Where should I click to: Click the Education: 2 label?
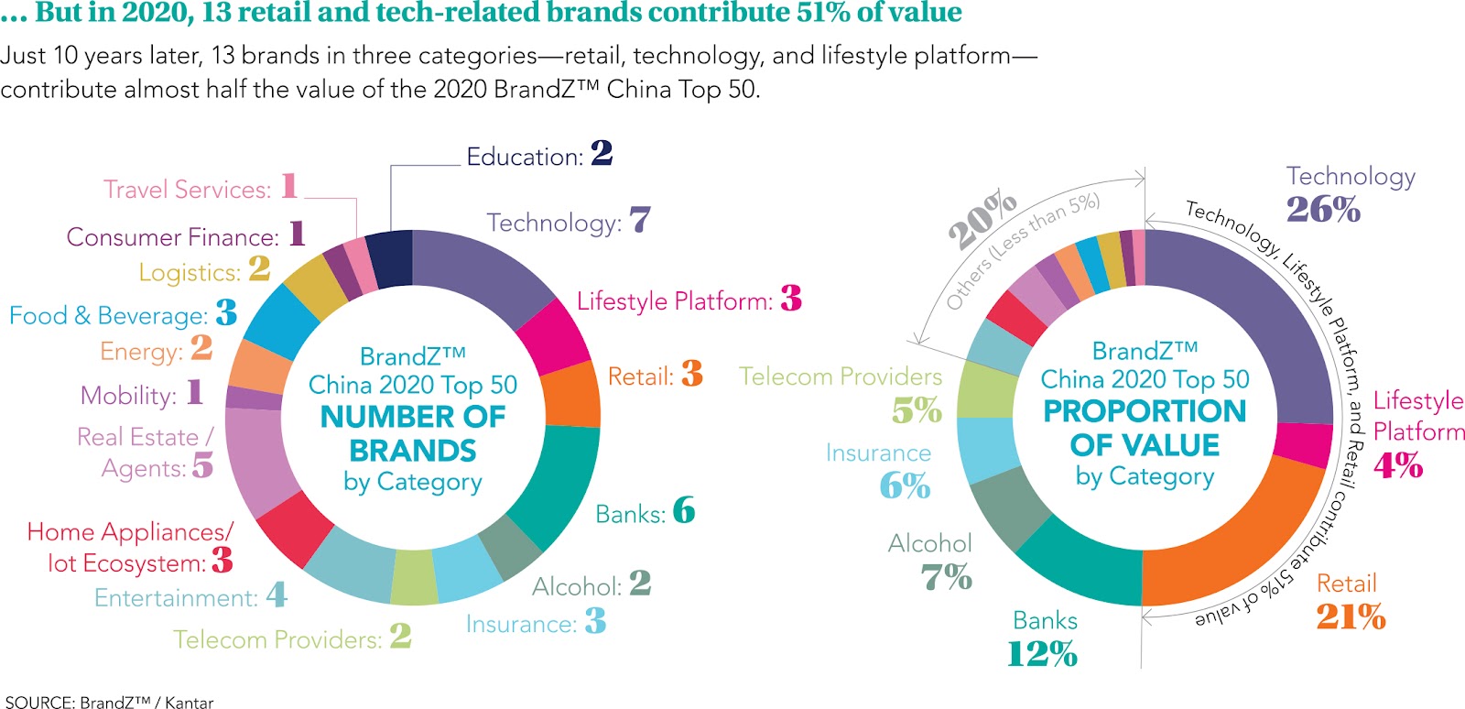pos(538,155)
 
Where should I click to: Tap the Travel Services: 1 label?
pos(201,188)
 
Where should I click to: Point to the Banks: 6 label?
pos(645,512)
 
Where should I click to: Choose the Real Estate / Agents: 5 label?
pos(146,452)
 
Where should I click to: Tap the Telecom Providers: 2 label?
pos(292,638)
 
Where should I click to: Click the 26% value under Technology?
pos(1323,210)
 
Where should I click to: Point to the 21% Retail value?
pos(1351,616)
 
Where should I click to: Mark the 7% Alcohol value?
pos(946,577)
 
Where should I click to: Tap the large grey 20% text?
pos(982,220)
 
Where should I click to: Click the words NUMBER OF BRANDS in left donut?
pos(413,433)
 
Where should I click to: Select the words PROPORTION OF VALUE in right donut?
pos(1145,428)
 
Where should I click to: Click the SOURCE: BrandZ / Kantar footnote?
pos(109,702)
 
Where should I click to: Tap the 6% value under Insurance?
pos(905,485)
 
